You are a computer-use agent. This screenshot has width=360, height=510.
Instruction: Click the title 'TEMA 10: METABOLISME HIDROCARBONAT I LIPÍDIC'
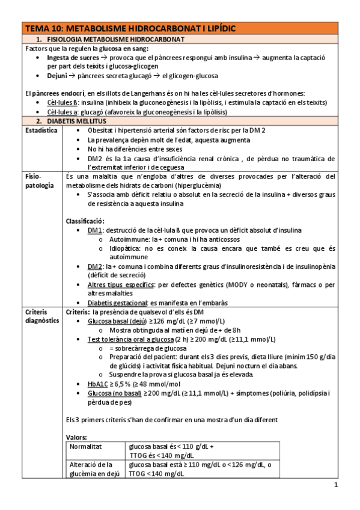coord(130,28)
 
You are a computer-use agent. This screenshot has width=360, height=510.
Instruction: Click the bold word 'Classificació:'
coord(86,221)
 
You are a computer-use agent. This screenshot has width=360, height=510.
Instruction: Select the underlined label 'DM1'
coord(95,230)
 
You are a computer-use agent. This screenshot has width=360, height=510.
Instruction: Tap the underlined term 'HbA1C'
coord(97,384)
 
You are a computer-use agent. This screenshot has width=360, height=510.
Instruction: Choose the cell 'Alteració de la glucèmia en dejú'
coord(94,469)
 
